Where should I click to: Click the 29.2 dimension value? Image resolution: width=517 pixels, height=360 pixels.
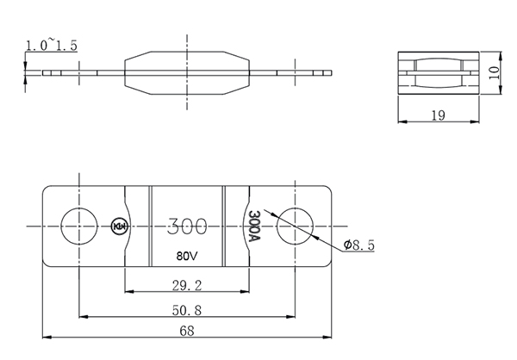click(187, 285)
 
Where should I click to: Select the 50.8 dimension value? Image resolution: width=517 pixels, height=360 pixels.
click(187, 310)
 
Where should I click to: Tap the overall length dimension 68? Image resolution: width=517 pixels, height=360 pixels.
click(187, 331)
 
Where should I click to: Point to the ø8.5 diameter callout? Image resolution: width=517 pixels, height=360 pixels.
click(358, 245)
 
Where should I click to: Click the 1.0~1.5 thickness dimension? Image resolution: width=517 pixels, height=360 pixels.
click(52, 45)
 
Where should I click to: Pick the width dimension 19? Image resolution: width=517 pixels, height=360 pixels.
click(439, 115)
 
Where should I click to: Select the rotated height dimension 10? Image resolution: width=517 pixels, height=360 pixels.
click(494, 72)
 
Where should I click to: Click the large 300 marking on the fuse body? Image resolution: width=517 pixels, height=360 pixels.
click(187, 227)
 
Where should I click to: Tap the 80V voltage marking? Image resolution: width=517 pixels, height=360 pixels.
click(187, 256)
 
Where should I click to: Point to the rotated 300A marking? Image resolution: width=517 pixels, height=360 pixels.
click(254, 226)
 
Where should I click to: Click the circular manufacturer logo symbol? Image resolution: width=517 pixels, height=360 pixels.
click(120, 227)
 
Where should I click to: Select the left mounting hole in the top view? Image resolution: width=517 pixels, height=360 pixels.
click(79, 227)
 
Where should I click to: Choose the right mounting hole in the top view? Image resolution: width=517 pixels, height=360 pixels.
click(295, 227)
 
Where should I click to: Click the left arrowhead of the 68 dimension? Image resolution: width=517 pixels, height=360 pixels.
click(47, 338)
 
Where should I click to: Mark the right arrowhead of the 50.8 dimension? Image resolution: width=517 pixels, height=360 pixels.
click(291, 317)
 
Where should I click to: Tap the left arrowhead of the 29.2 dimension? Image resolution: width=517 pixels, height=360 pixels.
click(129, 291)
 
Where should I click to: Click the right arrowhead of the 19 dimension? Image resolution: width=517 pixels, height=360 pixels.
click(475, 121)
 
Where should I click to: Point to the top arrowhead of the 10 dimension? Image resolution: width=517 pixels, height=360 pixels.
click(501, 56)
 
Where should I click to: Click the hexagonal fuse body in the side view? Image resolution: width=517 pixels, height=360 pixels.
click(187, 73)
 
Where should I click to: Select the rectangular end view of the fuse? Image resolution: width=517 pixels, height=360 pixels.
click(439, 73)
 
